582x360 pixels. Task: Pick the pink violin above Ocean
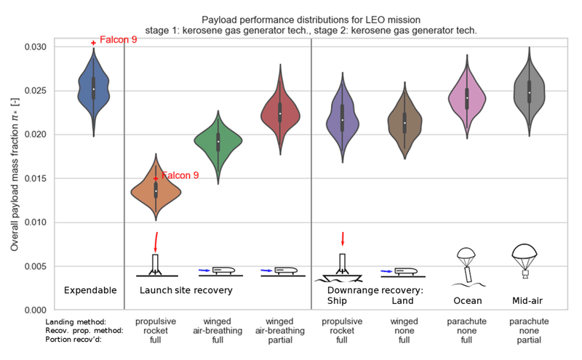[467, 98]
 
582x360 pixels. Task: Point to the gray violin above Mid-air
[530, 93]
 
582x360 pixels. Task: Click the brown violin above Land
[404, 122]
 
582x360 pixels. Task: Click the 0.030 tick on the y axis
[36, 47]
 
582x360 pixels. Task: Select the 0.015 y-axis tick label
[36, 178]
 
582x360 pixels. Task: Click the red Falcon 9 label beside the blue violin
[119, 40]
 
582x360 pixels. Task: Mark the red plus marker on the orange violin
[156, 178]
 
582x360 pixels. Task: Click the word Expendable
[90, 290]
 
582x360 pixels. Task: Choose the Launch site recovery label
[186, 290]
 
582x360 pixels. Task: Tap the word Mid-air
[527, 300]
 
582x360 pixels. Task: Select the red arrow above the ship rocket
[343, 239]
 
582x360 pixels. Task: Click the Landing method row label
[76, 321]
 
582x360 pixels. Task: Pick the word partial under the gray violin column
[530, 340]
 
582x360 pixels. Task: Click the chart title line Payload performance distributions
[311, 20]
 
